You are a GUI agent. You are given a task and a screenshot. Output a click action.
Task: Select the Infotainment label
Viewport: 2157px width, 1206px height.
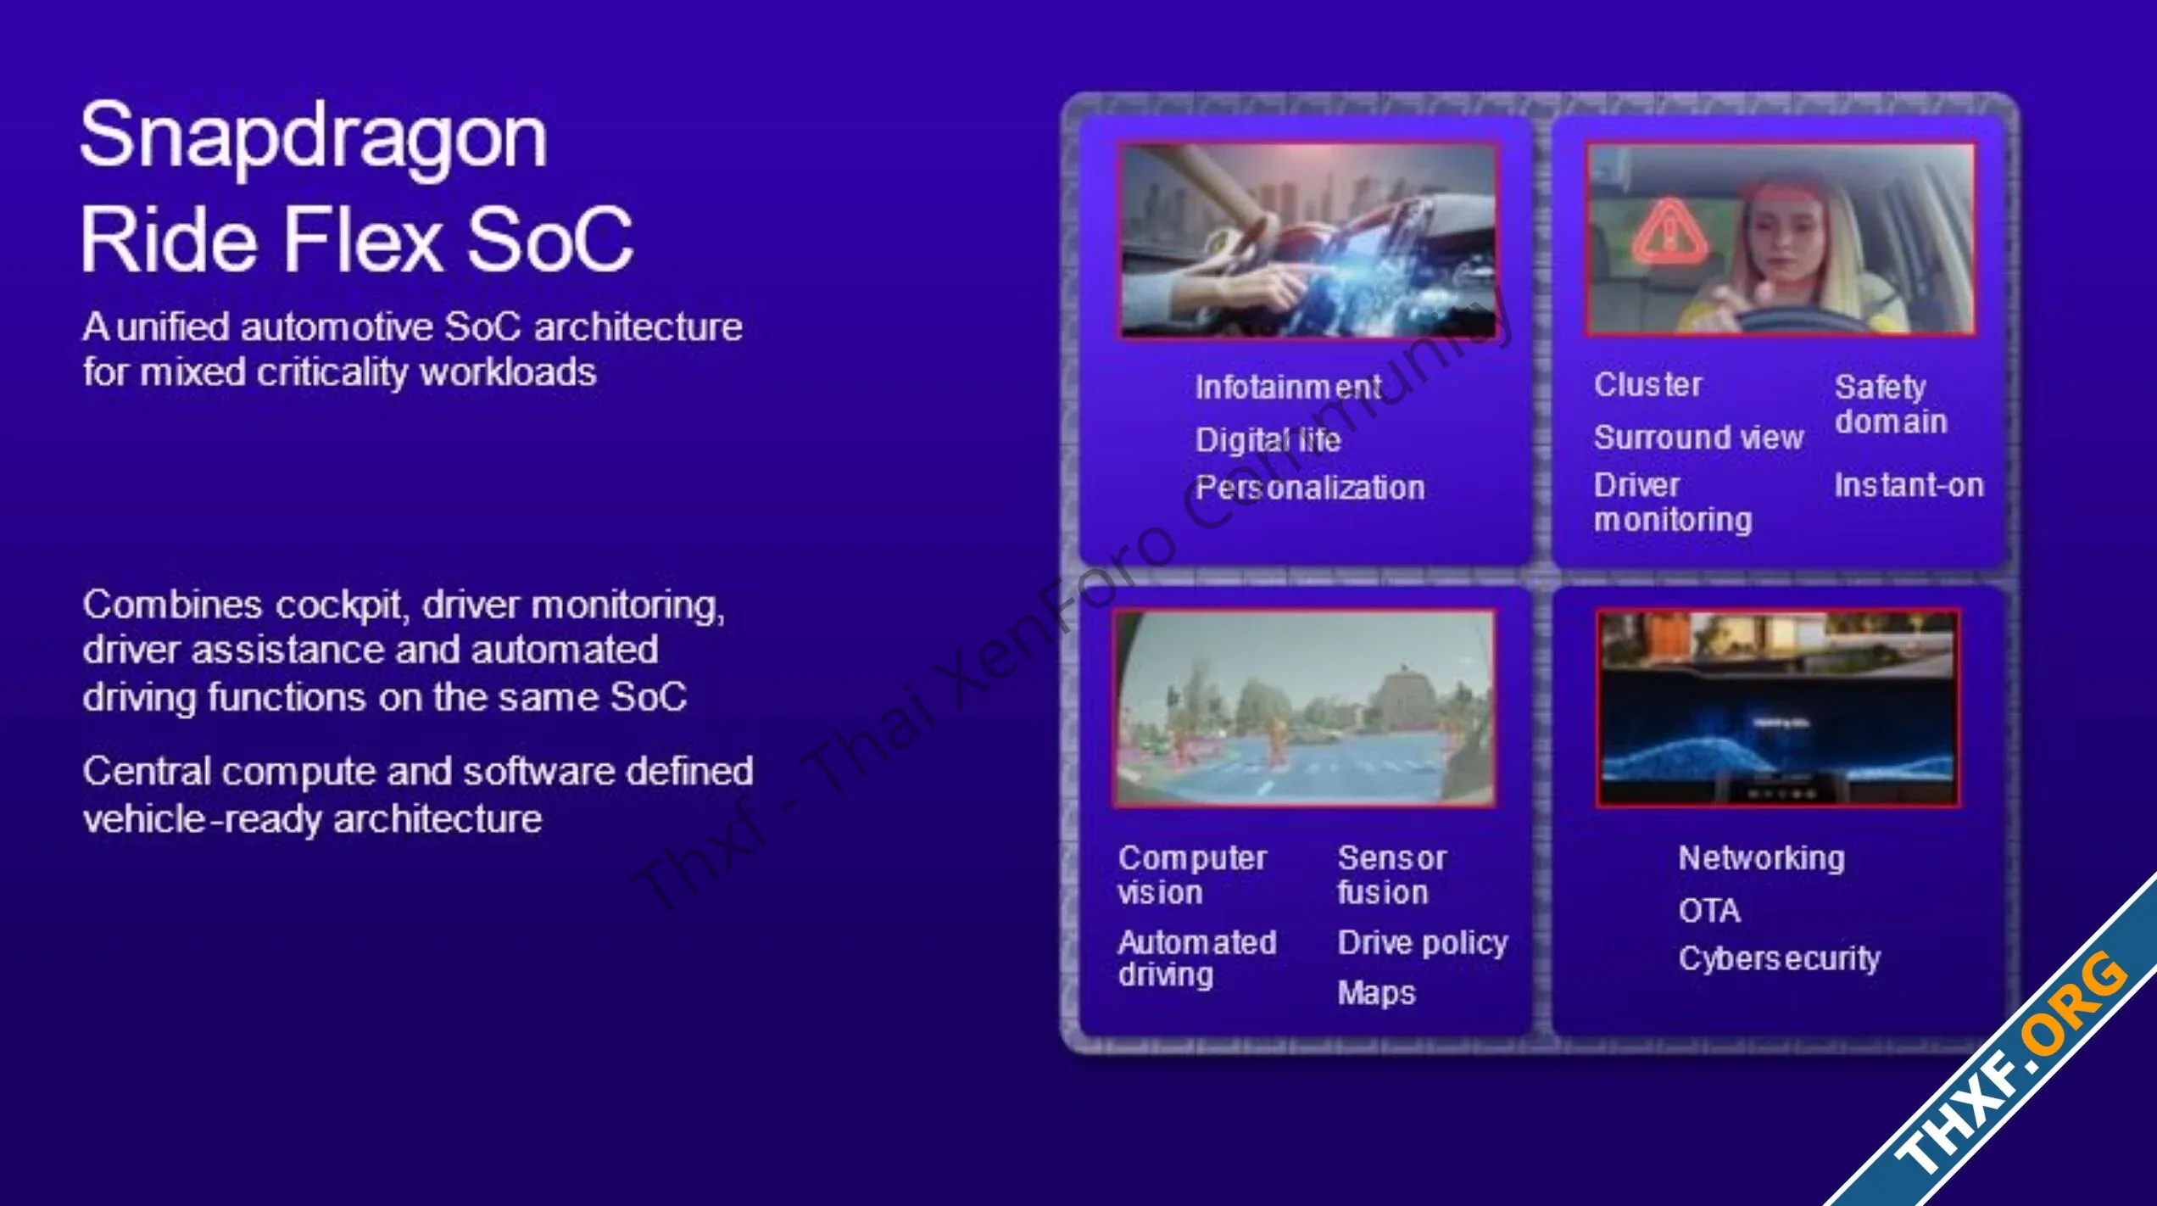[x=1288, y=388]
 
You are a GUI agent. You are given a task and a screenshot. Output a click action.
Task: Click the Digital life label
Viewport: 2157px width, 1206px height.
[x=1268, y=439]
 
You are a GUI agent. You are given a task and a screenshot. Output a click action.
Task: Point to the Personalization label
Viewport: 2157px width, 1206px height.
[x=1310, y=488]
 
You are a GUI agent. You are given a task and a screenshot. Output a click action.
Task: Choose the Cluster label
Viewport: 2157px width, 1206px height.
[x=1647, y=384]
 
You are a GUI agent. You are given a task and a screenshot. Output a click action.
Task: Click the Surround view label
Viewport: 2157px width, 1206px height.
[x=1698, y=438]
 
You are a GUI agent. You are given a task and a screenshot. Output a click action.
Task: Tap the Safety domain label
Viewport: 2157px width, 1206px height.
[x=1891, y=405]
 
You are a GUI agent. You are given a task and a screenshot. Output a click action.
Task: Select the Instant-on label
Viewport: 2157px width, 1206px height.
[x=1909, y=485]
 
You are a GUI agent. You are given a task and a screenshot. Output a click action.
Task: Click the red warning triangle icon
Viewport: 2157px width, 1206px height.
[x=1669, y=232]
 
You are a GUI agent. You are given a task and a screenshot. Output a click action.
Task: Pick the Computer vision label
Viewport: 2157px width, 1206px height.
[x=1192, y=875]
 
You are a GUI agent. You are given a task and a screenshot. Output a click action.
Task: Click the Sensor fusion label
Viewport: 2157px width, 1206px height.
[x=1392, y=875]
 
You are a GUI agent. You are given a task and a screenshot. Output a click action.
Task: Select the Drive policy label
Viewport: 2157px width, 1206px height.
[x=1423, y=943]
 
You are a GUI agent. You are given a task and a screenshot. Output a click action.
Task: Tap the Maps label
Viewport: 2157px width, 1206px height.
[x=1376, y=993]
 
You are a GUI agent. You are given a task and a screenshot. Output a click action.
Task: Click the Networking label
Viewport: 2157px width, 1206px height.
[x=1761, y=858]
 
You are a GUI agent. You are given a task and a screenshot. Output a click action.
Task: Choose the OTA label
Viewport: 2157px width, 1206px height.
[x=1709, y=910]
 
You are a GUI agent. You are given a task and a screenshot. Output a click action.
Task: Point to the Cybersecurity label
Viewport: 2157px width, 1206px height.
[x=1779, y=958]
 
